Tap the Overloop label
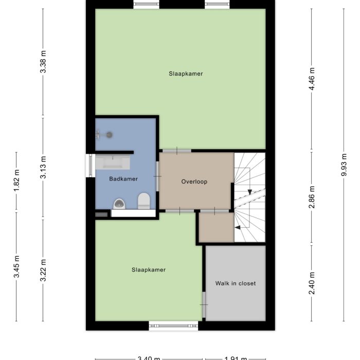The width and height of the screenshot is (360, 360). coord(194,182)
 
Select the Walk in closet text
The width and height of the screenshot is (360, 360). coord(235,283)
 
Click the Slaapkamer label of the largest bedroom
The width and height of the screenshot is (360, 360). coord(186,74)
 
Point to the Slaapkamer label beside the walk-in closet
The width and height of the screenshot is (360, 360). coord(149,269)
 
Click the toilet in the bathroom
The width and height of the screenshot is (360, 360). coord(143,200)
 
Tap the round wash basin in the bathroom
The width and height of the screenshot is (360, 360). coord(119,204)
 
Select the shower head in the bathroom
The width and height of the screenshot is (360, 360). coord(108,134)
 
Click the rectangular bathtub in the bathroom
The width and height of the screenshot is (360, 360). coord(113,163)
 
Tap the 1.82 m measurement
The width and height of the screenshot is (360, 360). coord(16,181)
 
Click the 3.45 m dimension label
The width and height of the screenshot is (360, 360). coord(16,266)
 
